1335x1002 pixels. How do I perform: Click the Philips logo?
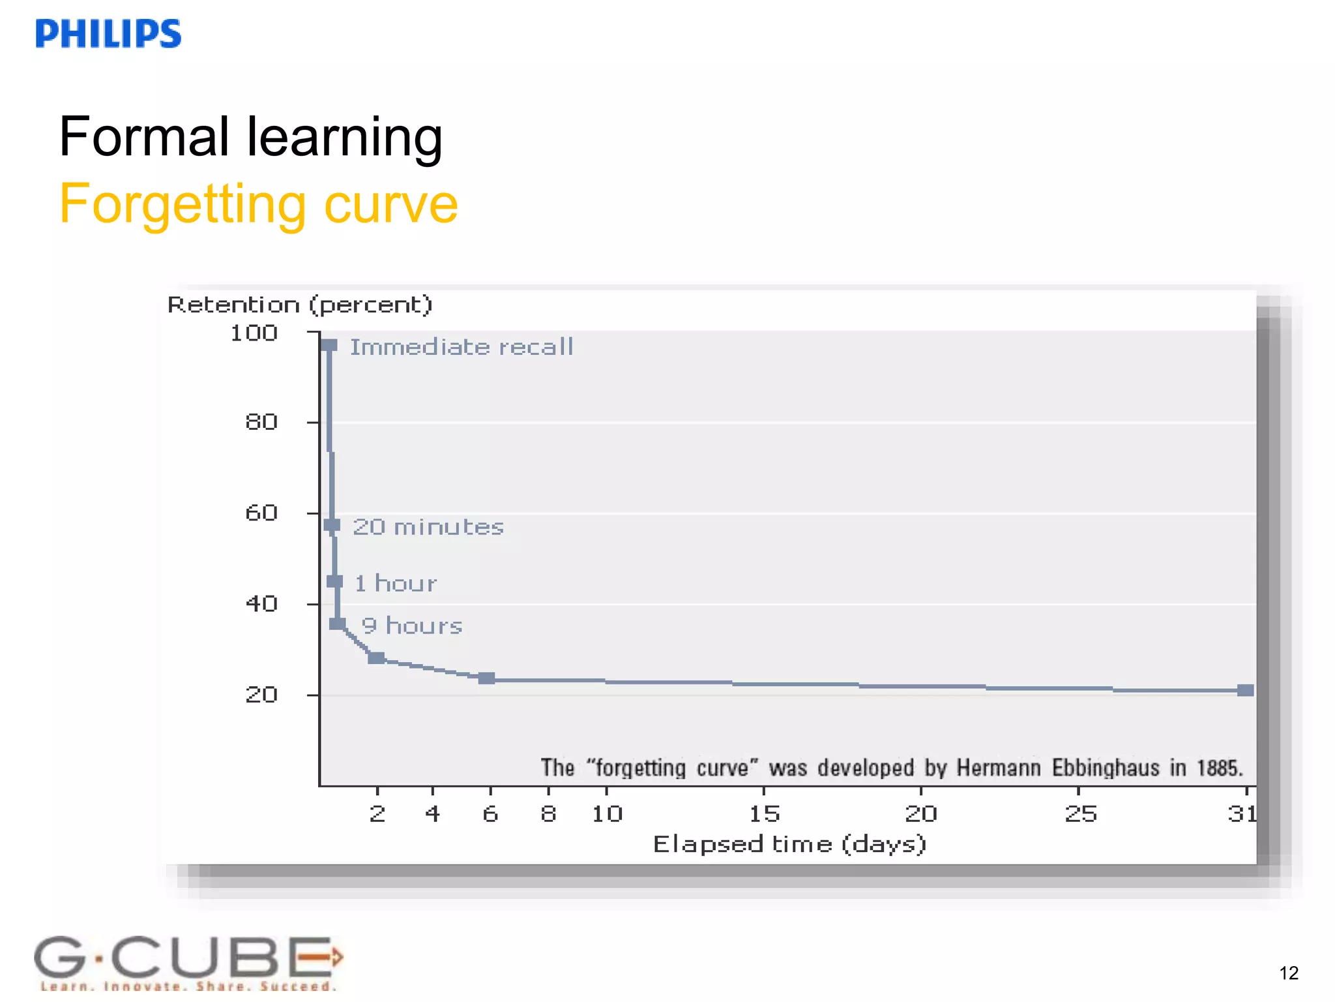tap(108, 34)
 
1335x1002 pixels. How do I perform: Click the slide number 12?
tap(1288, 973)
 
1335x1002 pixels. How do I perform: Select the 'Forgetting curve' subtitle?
tap(258, 205)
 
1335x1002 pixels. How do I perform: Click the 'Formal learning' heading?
tap(250, 137)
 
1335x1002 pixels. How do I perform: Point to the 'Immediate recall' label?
tap(462, 347)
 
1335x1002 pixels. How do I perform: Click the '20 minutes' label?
tap(428, 527)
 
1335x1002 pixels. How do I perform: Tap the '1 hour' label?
tap(396, 583)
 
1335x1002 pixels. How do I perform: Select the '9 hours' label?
tap(412, 626)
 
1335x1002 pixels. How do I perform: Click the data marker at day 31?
tap(1245, 690)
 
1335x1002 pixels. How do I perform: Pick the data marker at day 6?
tap(486, 678)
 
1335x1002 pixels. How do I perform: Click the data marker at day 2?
tap(376, 658)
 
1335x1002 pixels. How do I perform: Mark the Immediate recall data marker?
tap(329, 345)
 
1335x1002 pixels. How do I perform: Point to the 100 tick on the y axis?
tap(254, 333)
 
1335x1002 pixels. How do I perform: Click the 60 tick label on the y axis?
tap(261, 513)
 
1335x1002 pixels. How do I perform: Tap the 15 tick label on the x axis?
tap(764, 813)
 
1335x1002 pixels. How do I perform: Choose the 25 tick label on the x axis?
tap(1080, 813)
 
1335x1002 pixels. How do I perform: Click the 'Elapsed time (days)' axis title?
tap(789, 844)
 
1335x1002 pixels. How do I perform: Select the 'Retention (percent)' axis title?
tap(300, 305)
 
